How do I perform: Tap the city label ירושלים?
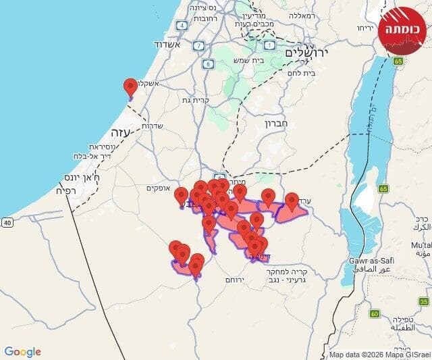click(305, 53)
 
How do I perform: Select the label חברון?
click(277, 124)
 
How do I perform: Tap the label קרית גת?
click(200, 100)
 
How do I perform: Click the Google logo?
click(22, 352)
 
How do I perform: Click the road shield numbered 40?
click(7, 222)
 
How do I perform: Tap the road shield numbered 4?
click(182, 26)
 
